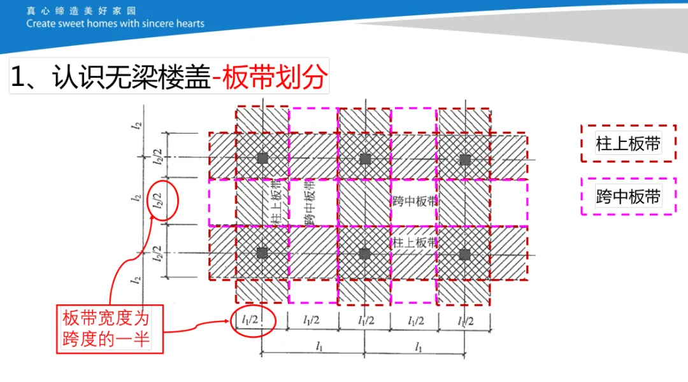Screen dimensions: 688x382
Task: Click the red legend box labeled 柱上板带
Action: click(x=628, y=144)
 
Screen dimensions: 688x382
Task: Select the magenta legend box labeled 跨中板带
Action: click(x=628, y=197)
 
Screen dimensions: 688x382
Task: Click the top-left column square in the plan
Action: click(x=262, y=159)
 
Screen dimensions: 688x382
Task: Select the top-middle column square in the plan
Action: click(x=364, y=159)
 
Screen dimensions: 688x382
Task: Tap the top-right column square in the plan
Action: click(x=465, y=159)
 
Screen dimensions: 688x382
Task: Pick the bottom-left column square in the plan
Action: click(x=262, y=253)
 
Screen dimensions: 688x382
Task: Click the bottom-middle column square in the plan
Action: click(x=364, y=253)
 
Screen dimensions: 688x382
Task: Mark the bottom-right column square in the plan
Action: click(x=465, y=254)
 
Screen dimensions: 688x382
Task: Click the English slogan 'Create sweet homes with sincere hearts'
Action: click(x=115, y=24)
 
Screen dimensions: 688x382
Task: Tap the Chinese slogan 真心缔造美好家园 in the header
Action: click(x=81, y=11)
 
